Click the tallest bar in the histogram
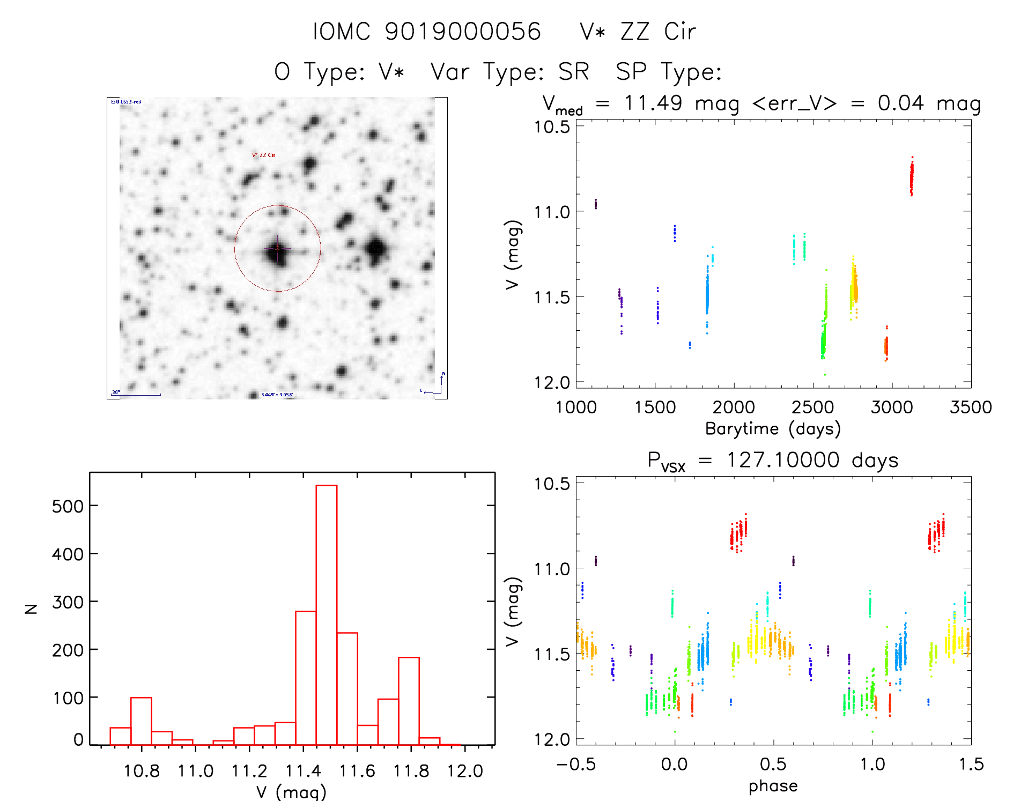tap(326, 614)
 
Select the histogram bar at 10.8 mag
tap(141, 721)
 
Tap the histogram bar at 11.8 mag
tap(409, 701)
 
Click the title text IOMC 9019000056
tap(427, 32)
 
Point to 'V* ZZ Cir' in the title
tap(638, 32)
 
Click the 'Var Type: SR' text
tap(510, 71)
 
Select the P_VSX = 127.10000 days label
tap(773, 461)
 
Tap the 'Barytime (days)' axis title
tap(773, 428)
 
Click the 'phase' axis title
tap(773, 785)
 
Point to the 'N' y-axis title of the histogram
tap(32, 609)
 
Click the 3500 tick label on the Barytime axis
tap(970, 407)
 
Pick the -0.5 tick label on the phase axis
tap(575, 764)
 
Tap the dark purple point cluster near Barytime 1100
tap(595, 204)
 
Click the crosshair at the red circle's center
tap(277, 248)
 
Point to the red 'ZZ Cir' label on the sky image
tap(263, 155)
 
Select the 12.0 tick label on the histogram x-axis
tap(464, 771)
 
